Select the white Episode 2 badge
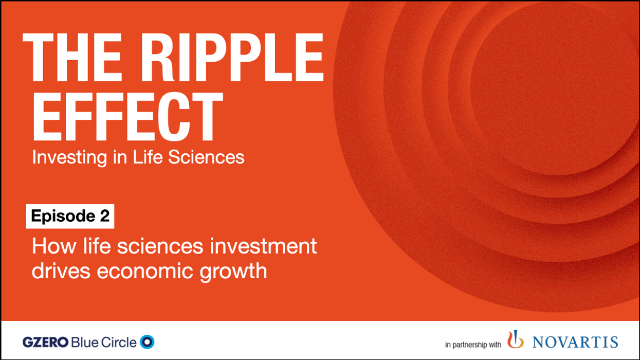(x=70, y=217)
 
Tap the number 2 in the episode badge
(x=104, y=217)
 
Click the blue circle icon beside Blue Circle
(x=148, y=342)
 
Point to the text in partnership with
(x=473, y=344)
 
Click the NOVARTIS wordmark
(x=575, y=342)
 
